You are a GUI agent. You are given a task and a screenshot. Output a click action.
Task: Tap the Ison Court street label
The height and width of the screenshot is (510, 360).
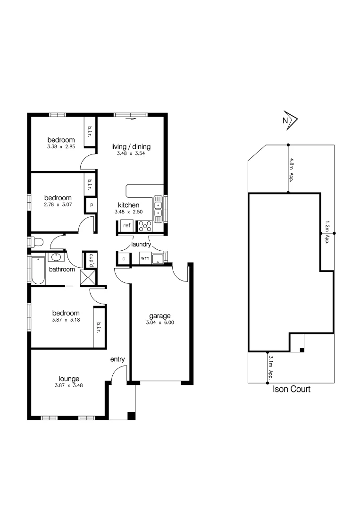point(292,390)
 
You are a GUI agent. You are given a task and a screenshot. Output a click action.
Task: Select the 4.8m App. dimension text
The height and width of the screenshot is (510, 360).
point(292,170)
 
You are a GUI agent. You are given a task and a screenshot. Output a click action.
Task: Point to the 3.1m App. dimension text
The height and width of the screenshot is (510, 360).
point(271,368)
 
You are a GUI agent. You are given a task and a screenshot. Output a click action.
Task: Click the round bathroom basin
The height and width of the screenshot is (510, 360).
point(56,257)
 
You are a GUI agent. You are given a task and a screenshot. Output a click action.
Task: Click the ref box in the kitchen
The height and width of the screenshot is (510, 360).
point(126,225)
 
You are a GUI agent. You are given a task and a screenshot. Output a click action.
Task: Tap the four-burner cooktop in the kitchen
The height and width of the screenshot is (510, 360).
point(144,226)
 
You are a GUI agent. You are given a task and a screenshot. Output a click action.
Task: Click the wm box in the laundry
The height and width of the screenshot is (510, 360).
point(145,258)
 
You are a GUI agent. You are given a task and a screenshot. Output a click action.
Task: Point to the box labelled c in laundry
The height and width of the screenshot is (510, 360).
point(124,259)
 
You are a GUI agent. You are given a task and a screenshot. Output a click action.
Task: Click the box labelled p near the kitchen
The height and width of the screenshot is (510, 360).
point(91,205)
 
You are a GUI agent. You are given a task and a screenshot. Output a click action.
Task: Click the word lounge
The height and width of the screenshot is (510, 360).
point(69,378)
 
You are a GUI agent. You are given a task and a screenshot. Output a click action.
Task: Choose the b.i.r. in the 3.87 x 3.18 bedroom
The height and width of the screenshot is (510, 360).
point(99,327)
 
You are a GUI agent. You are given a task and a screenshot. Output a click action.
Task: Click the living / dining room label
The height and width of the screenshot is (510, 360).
point(131,146)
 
